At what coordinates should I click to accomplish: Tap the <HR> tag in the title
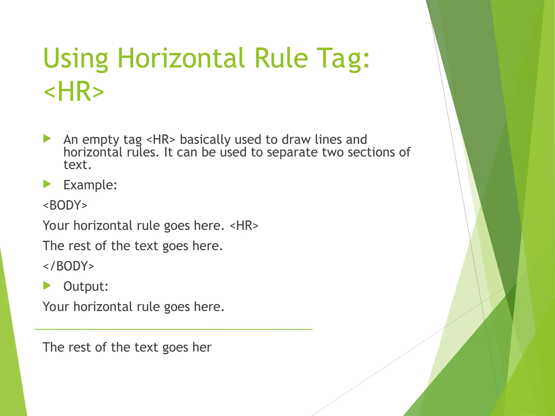[73, 91]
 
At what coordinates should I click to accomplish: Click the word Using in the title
[75, 58]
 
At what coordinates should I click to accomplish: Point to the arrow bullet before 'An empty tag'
[47, 139]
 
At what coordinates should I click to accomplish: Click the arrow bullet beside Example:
[47, 184]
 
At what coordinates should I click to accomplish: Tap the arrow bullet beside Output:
[47, 285]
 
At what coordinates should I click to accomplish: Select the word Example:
[90, 185]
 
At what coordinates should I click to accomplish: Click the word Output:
[86, 286]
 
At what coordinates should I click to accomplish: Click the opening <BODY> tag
[65, 205]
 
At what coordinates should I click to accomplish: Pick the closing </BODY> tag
[69, 266]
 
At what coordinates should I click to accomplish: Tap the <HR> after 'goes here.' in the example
[244, 225]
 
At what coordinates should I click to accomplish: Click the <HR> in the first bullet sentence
[161, 140]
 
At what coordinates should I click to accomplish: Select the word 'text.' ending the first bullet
[77, 165]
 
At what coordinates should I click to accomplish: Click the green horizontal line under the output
[173, 329]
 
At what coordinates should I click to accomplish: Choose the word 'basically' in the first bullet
[205, 140]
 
